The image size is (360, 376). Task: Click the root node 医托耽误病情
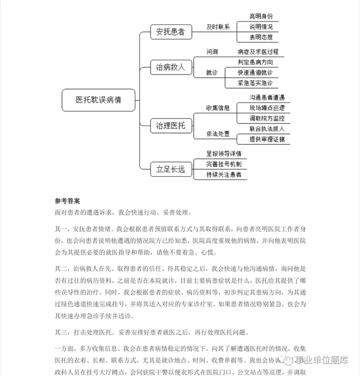[x=98, y=100]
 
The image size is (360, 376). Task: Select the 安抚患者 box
[x=171, y=32]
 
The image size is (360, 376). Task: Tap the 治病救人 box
[x=171, y=68]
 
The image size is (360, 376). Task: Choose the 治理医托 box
[x=171, y=126]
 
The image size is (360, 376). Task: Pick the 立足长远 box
[x=171, y=169]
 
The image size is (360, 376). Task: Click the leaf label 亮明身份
[x=261, y=16]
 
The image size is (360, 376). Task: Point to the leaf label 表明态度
[x=261, y=37]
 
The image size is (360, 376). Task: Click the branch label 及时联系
[x=218, y=27]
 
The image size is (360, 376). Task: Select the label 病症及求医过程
[x=258, y=52]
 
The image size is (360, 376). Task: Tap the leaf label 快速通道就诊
[x=255, y=73]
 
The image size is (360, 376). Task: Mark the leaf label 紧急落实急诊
[x=255, y=83]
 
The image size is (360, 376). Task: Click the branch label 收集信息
[x=218, y=108]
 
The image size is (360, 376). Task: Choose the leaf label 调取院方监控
[x=267, y=118]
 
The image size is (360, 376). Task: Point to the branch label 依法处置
[x=218, y=134]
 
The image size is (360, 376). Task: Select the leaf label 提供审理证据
[x=267, y=139]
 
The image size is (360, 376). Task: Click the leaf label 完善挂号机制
[x=224, y=164]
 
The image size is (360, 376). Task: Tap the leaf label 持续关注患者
[x=224, y=175]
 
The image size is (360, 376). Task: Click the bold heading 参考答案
[x=67, y=201]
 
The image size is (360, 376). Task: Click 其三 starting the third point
[x=61, y=332]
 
